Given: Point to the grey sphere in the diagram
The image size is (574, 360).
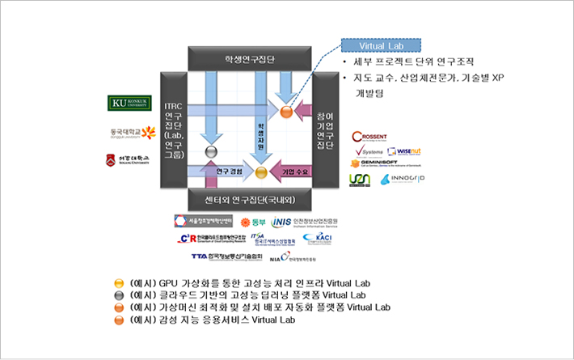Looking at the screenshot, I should point(213,151).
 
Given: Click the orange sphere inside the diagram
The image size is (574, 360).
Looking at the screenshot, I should point(285,110).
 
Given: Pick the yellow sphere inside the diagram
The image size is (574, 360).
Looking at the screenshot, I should point(261,172).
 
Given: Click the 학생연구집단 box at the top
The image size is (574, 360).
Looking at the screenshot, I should point(250,58).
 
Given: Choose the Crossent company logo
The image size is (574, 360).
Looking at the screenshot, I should point(374,137).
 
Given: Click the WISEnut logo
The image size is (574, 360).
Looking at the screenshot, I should point(405,150).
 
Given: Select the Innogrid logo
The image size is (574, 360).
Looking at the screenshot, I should point(403,179).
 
